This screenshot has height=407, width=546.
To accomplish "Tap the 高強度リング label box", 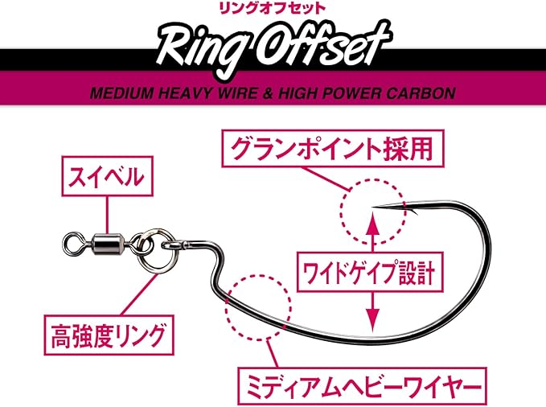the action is [x=107, y=331].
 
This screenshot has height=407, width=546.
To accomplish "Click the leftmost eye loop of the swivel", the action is [x=73, y=238].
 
